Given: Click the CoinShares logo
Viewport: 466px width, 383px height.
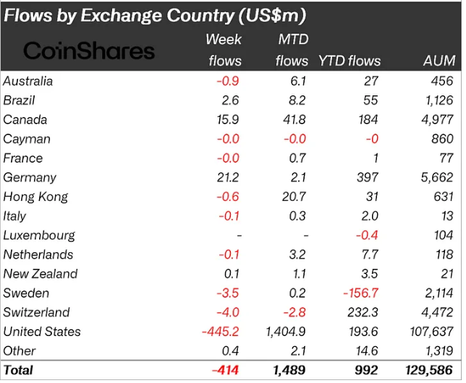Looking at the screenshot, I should (89, 51).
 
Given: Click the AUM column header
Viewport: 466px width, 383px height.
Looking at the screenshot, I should (439, 61).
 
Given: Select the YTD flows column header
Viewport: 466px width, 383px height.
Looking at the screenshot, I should (349, 61).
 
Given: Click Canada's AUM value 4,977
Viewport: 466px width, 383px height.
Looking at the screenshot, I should (438, 119).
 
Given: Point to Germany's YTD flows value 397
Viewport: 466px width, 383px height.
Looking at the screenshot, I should (368, 177).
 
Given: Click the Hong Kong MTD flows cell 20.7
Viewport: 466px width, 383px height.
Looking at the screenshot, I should (297, 197).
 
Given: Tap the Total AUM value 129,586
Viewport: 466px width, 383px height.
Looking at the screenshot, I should (431, 370).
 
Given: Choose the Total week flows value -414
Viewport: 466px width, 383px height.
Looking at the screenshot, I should (224, 370).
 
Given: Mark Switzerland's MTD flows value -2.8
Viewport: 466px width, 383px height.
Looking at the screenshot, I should (297, 312).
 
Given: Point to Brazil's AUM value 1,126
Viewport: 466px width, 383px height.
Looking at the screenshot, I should (438, 100).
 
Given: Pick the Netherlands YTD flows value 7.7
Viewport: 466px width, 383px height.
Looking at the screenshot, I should (370, 254).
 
